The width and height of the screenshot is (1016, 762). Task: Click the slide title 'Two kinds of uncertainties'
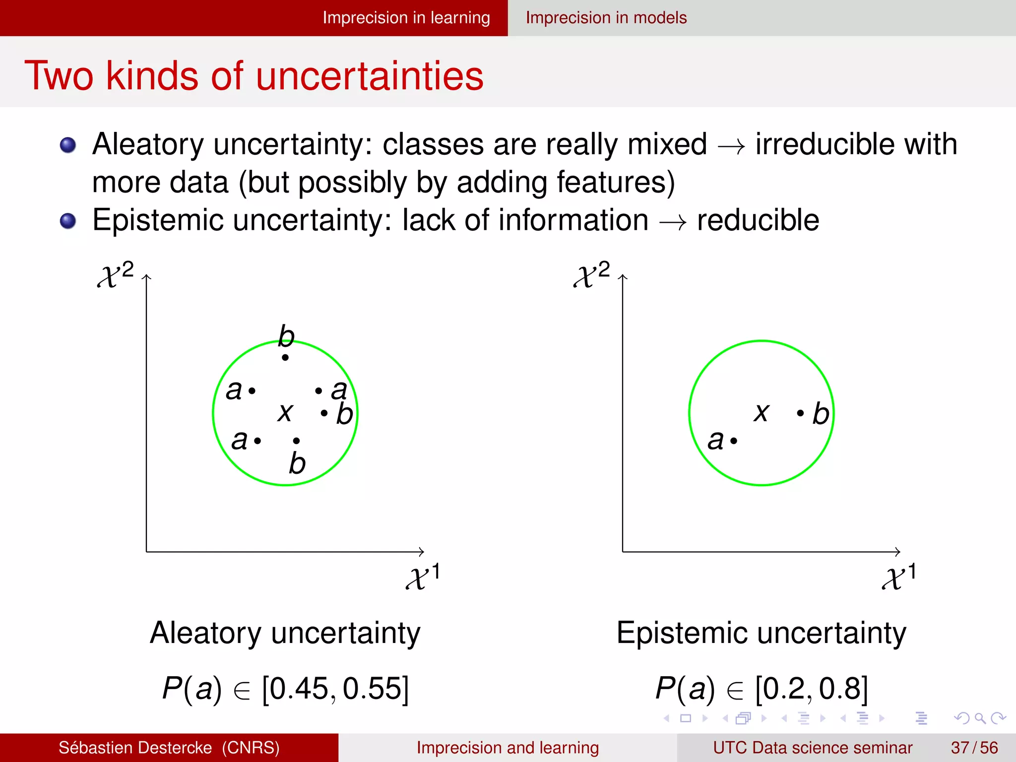(254, 76)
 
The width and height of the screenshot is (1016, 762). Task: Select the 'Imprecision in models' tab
(606, 18)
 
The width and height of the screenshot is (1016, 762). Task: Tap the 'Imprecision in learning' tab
(406, 18)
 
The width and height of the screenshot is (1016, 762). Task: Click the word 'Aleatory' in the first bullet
(148, 144)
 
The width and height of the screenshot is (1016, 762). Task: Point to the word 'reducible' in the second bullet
(758, 220)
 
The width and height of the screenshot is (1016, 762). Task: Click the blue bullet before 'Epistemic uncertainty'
(68, 221)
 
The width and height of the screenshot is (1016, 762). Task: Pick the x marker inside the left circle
(285, 412)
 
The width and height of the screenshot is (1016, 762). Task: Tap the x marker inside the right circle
(762, 412)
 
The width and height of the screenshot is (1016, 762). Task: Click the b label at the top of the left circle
(286, 336)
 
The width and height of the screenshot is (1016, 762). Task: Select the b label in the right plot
(821, 414)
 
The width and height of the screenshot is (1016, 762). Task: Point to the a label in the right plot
(715, 440)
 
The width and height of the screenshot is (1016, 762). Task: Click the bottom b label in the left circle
(297, 463)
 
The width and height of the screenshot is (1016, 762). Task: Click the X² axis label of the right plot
(592, 274)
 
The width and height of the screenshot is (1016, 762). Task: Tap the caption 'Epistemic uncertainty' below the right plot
(761, 633)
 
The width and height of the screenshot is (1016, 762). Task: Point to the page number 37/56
(974, 748)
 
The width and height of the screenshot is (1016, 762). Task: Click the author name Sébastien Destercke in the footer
(135, 748)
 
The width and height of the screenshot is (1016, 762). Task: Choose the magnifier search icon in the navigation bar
(979, 718)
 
